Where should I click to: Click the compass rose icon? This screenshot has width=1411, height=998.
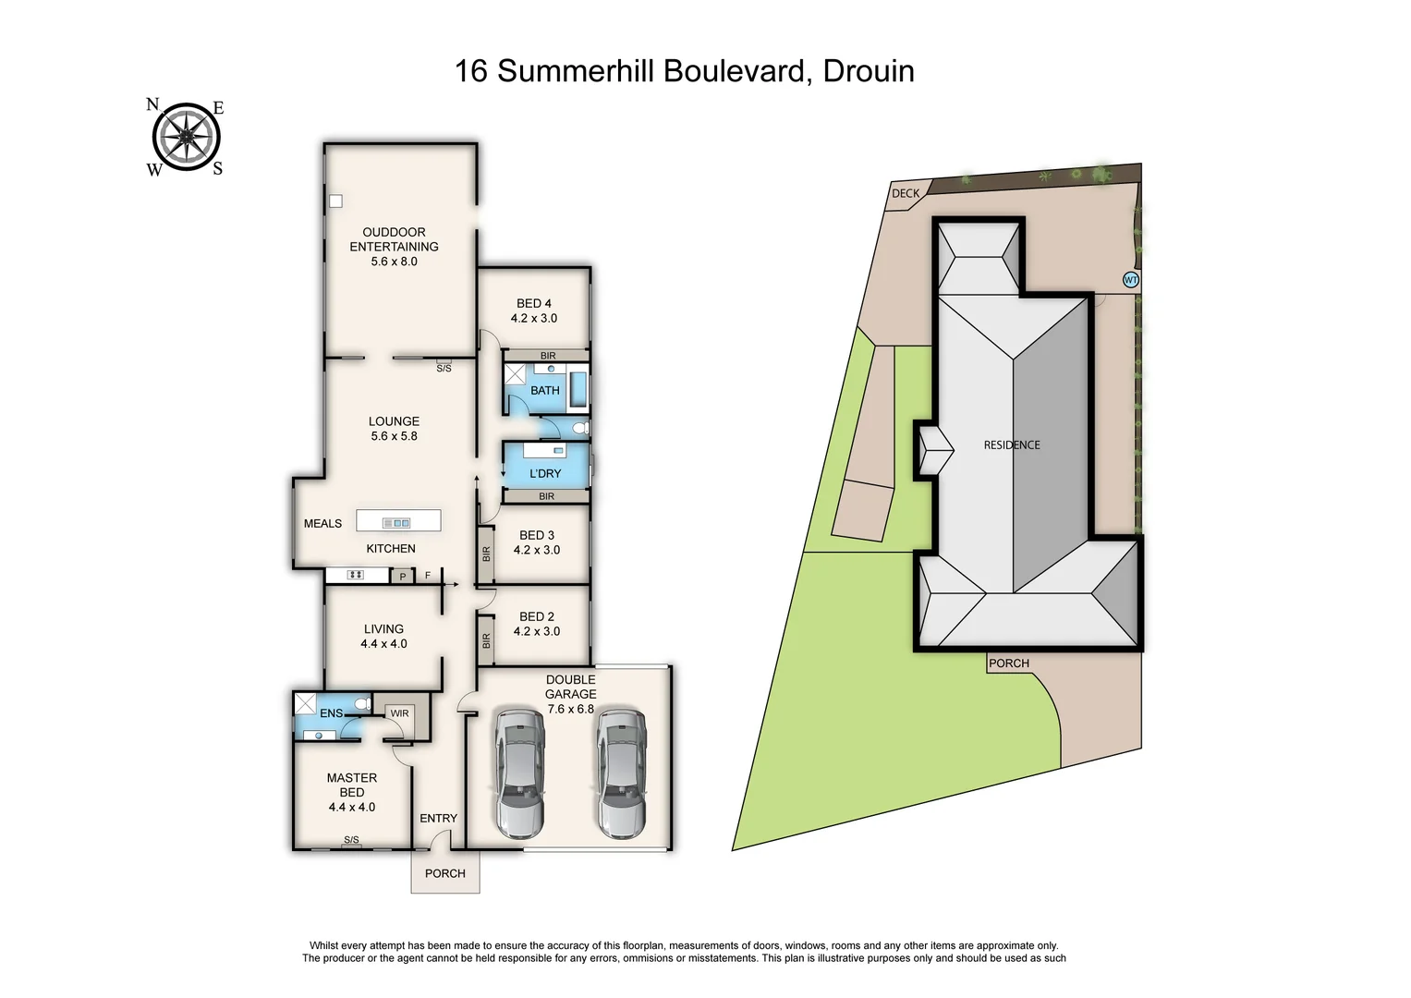pyautogui.click(x=187, y=138)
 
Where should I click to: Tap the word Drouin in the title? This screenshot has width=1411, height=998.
pyautogui.click(x=868, y=71)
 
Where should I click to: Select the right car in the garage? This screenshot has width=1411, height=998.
pyautogui.click(x=620, y=773)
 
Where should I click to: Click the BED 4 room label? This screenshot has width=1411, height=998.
pyautogui.click(x=534, y=303)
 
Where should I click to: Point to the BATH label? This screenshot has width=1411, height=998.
pyautogui.click(x=544, y=391)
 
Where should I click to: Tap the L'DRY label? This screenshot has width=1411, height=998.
pyautogui.click(x=545, y=473)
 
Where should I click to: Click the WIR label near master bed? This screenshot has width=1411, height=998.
pyautogui.click(x=399, y=713)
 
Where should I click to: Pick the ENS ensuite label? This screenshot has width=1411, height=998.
pyautogui.click(x=331, y=713)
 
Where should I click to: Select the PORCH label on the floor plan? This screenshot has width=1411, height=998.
pyautogui.click(x=444, y=873)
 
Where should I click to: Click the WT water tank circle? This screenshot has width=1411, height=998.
pyautogui.click(x=1130, y=280)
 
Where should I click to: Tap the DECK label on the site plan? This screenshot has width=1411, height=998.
pyautogui.click(x=906, y=193)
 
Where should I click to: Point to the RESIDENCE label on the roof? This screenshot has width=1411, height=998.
pyautogui.click(x=1012, y=445)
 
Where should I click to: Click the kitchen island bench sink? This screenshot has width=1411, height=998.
pyautogui.click(x=397, y=523)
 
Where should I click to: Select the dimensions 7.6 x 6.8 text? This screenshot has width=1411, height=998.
pyautogui.click(x=570, y=709)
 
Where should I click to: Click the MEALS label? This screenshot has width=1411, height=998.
pyautogui.click(x=322, y=524)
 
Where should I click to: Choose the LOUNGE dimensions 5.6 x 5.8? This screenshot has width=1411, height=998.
pyautogui.click(x=394, y=436)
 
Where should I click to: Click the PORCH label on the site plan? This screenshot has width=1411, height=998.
pyautogui.click(x=1008, y=663)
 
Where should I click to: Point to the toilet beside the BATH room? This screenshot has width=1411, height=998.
pyautogui.click(x=579, y=429)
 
